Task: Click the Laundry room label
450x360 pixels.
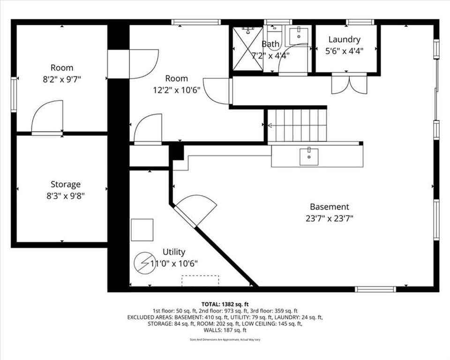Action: click(x=345, y=39)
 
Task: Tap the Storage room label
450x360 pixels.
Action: click(x=66, y=184)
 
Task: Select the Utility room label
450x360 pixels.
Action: click(x=173, y=252)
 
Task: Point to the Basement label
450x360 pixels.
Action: click(x=330, y=207)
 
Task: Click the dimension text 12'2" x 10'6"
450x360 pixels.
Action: click(x=177, y=90)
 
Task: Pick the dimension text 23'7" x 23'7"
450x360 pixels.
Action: click(x=330, y=218)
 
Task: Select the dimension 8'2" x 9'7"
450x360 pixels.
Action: click(x=62, y=79)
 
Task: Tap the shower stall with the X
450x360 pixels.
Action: click(x=247, y=49)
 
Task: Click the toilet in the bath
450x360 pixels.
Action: click(x=275, y=36)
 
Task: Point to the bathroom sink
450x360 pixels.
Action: click(x=299, y=36)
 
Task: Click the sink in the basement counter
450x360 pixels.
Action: click(x=309, y=157)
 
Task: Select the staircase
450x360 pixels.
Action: click(x=297, y=126)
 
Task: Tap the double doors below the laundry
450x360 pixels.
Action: click(x=349, y=84)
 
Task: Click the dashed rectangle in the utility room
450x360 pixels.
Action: click(x=200, y=281)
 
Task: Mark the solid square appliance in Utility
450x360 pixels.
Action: click(x=142, y=230)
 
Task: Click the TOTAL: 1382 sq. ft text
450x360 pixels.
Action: click(x=225, y=304)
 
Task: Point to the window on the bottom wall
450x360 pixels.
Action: click(x=375, y=289)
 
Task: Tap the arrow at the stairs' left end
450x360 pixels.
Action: click(x=270, y=126)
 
